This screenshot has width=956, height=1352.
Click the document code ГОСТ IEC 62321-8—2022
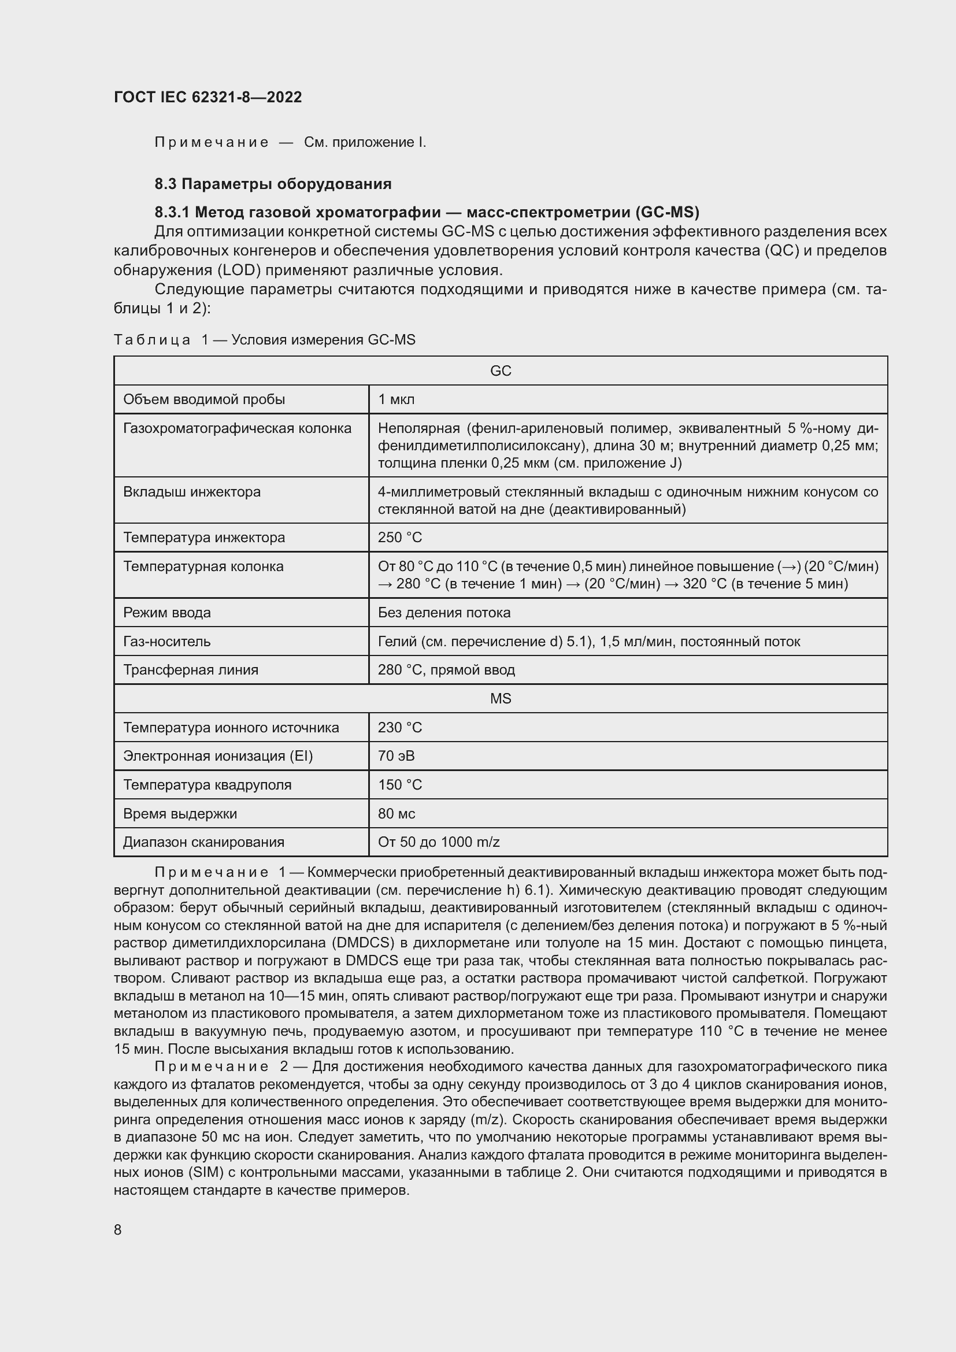[x=207, y=97]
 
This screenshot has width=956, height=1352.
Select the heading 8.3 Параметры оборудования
[x=273, y=184]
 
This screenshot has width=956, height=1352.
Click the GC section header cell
[x=501, y=371]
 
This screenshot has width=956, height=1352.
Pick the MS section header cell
[x=501, y=698]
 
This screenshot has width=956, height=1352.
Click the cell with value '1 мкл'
[x=396, y=399]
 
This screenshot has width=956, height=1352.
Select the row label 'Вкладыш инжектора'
[x=191, y=492]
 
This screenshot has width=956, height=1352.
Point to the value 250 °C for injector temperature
[x=400, y=538]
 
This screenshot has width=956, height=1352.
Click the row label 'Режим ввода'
[x=166, y=612]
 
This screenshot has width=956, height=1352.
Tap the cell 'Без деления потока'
[x=444, y=612]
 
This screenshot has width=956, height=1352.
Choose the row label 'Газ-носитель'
[x=166, y=641]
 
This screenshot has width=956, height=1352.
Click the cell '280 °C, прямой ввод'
[x=446, y=670]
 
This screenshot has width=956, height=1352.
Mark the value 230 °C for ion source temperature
[x=400, y=727]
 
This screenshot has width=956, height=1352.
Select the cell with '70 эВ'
[x=396, y=756]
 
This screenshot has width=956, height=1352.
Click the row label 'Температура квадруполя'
[x=207, y=785]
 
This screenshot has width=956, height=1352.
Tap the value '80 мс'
[x=396, y=814]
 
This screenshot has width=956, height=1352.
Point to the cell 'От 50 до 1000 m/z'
[x=439, y=842]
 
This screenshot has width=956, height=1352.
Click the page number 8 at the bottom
[x=118, y=1230]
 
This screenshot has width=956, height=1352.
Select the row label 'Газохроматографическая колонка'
[x=236, y=428]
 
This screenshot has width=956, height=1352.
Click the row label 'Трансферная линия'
[x=190, y=670]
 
